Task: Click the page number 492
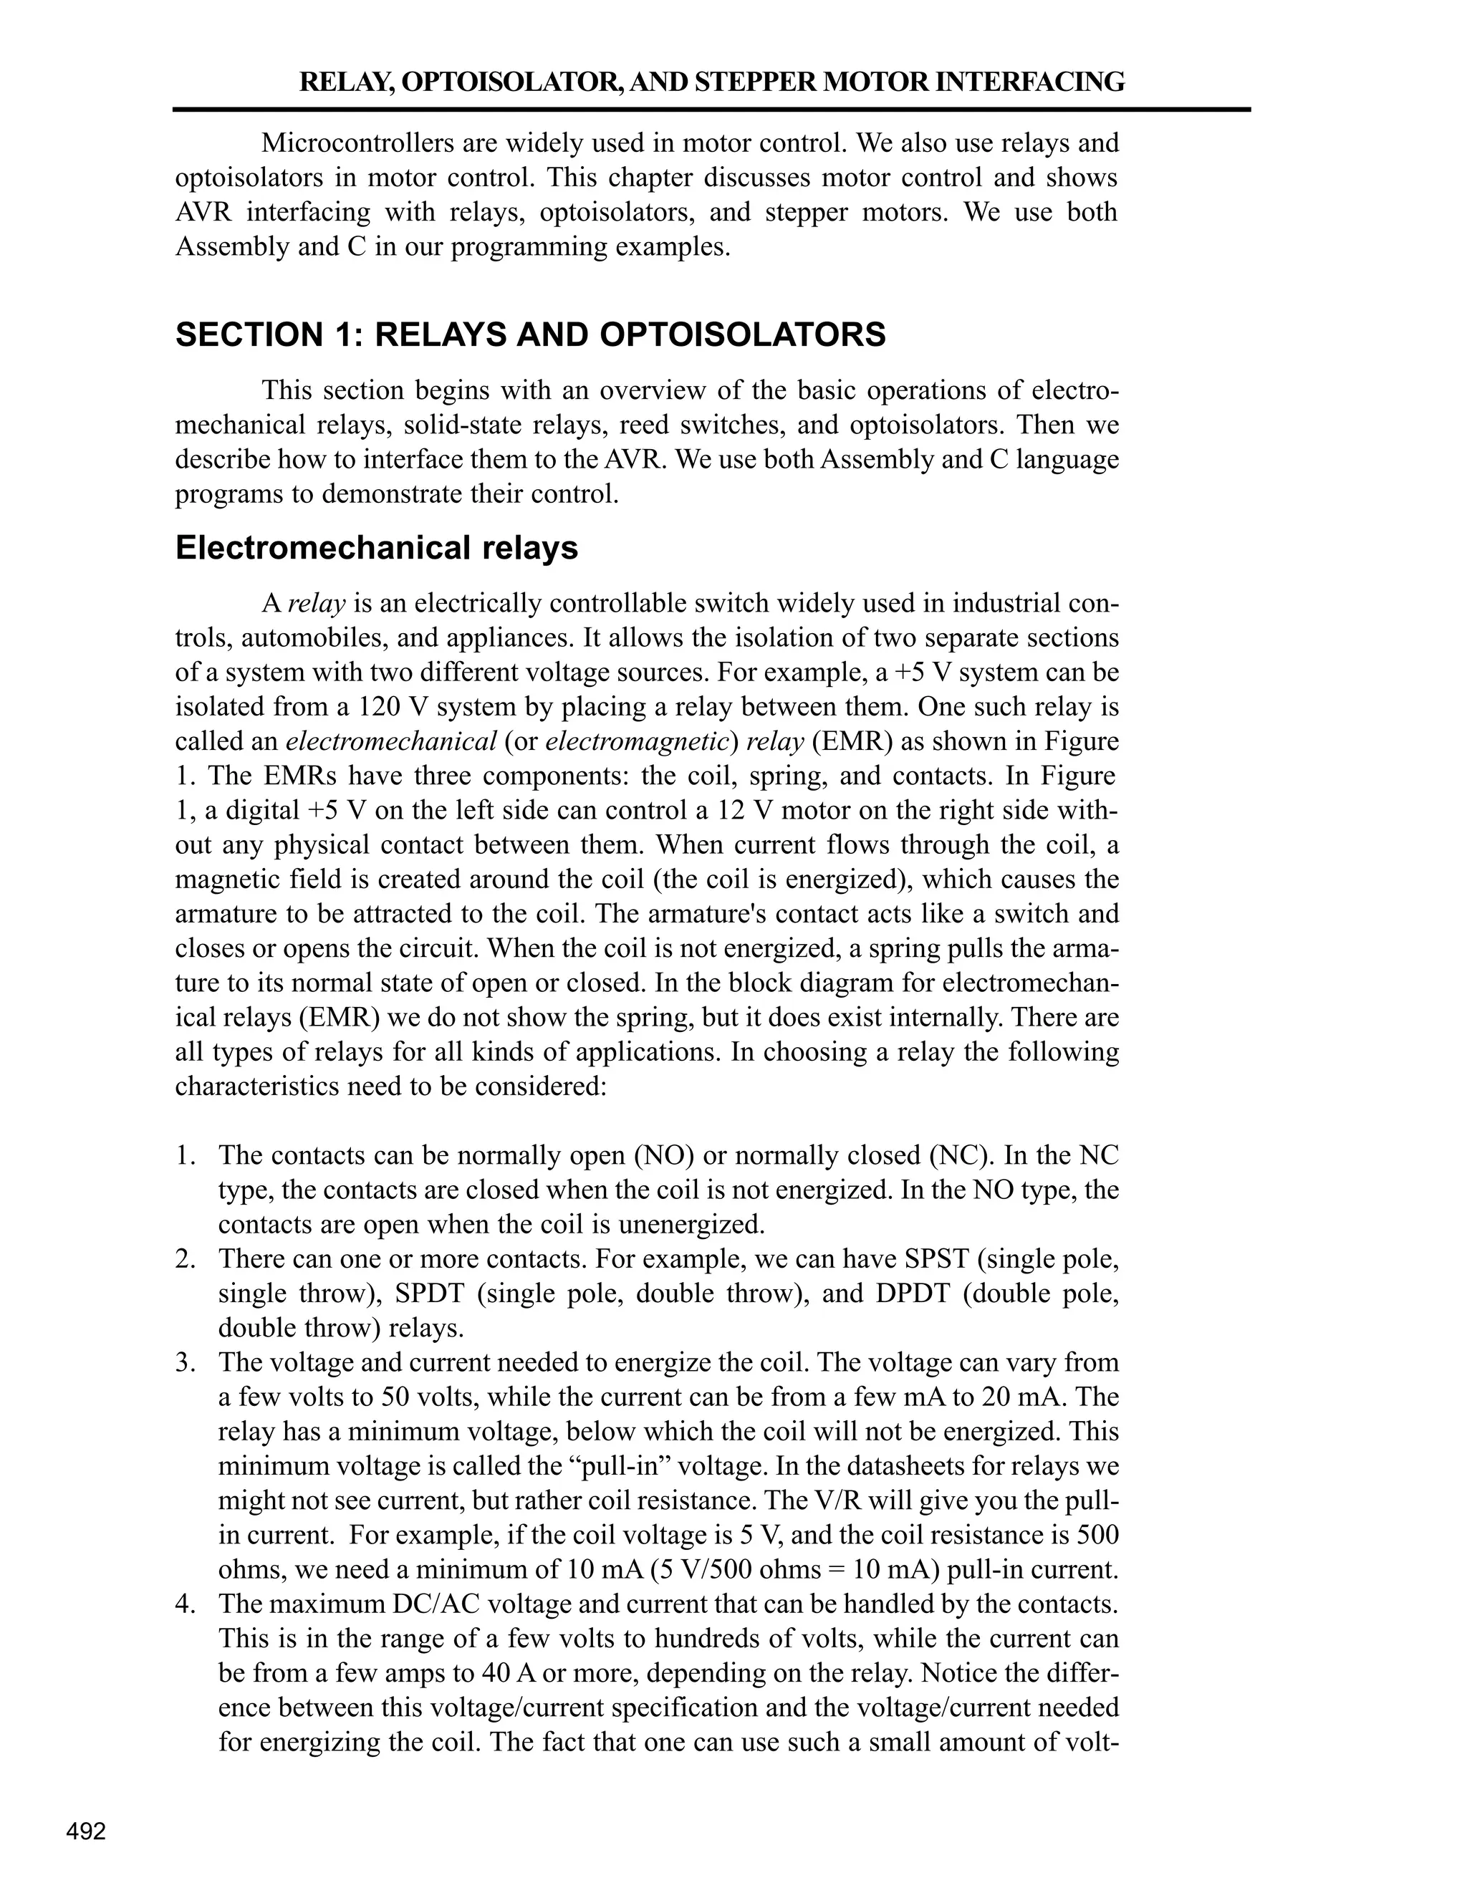click(86, 1831)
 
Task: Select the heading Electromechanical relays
click(376, 549)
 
